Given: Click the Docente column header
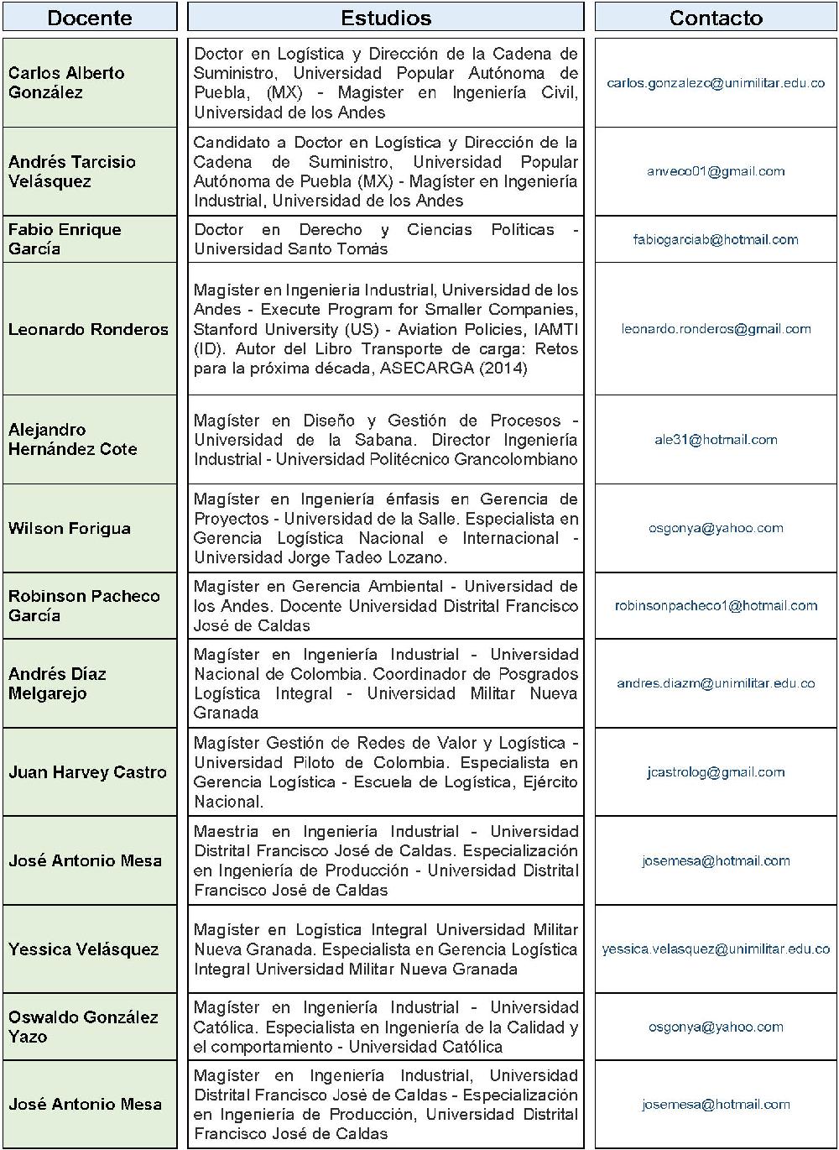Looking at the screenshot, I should [x=90, y=18].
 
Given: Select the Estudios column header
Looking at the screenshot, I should [x=386, y=18].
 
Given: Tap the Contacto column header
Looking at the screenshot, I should [x=716, y=18].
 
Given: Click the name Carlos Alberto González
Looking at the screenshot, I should [x=66, y=82].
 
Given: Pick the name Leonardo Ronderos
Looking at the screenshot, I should [x=88, y=329].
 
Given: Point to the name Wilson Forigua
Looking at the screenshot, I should [x=70, y=528].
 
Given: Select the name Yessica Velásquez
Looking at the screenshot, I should [x=83, y=949].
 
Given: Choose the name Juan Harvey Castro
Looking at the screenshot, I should [x=87, y=772].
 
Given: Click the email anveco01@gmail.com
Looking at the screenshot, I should [x=716, y=171].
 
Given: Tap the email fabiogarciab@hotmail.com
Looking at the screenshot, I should [x=716, y=239].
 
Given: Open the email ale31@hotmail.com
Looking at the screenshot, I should [x=716, y=440].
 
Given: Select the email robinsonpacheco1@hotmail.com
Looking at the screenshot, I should [x=716, y=605].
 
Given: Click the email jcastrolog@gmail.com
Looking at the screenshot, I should [x=716, y=772].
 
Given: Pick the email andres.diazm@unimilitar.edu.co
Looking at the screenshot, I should [x=716, y=683].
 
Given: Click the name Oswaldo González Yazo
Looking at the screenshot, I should [x=83, y=1027].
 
